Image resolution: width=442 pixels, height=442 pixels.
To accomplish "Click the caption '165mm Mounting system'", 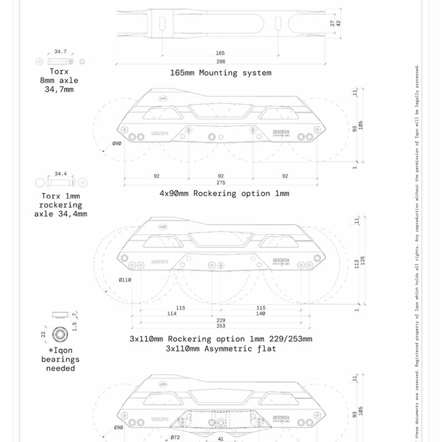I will (x=220, y=73).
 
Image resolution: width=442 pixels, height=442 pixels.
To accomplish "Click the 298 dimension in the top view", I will (x=220, y=62).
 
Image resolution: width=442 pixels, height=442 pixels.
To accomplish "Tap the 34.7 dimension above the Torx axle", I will (x=61, y=51).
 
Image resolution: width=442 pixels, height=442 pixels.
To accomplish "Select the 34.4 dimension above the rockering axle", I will (x=61, y=174).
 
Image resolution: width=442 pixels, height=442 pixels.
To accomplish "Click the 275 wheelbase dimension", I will (x=220, y=183).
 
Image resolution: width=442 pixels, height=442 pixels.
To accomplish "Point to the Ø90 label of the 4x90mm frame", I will (x=117, y=143).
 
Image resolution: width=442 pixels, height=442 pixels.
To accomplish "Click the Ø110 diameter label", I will (x=125, y=280).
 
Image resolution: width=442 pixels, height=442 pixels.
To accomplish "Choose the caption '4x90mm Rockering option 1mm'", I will (x=223, y=194).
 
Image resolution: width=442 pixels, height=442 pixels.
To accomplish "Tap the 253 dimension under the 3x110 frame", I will (x=220, y=327).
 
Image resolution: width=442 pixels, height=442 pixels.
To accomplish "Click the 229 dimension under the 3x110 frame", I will (x=220, y=320).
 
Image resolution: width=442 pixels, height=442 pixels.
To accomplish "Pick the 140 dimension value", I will (x=261, y=314).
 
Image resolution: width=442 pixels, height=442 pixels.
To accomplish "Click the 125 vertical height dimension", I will (x=362, y=260).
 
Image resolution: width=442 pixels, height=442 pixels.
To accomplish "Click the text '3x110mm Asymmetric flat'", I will (x=220, y=349).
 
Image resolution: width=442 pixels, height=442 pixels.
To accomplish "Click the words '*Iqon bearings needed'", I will (x=61, y=359).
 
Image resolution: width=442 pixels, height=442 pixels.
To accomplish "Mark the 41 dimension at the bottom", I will (x=220, y=440).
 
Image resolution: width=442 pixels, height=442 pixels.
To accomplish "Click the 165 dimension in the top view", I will (x=220, y=53).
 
